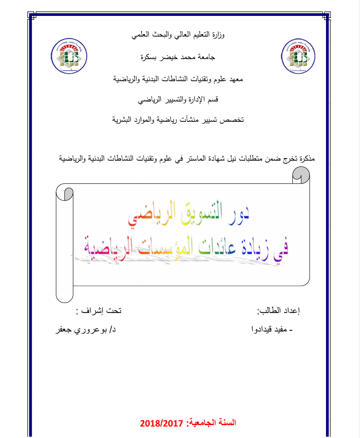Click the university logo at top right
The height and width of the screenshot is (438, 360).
tap(297, 56)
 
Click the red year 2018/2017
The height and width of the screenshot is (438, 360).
tap(161, 423)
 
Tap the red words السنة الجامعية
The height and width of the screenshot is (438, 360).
tap(212, 423)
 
